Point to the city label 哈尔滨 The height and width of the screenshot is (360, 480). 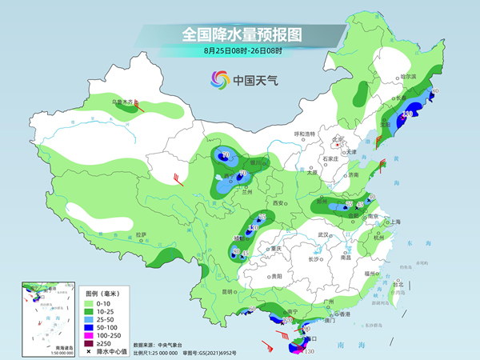409,76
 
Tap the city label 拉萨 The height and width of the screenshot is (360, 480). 141,234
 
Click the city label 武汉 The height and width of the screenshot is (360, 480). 323,234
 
